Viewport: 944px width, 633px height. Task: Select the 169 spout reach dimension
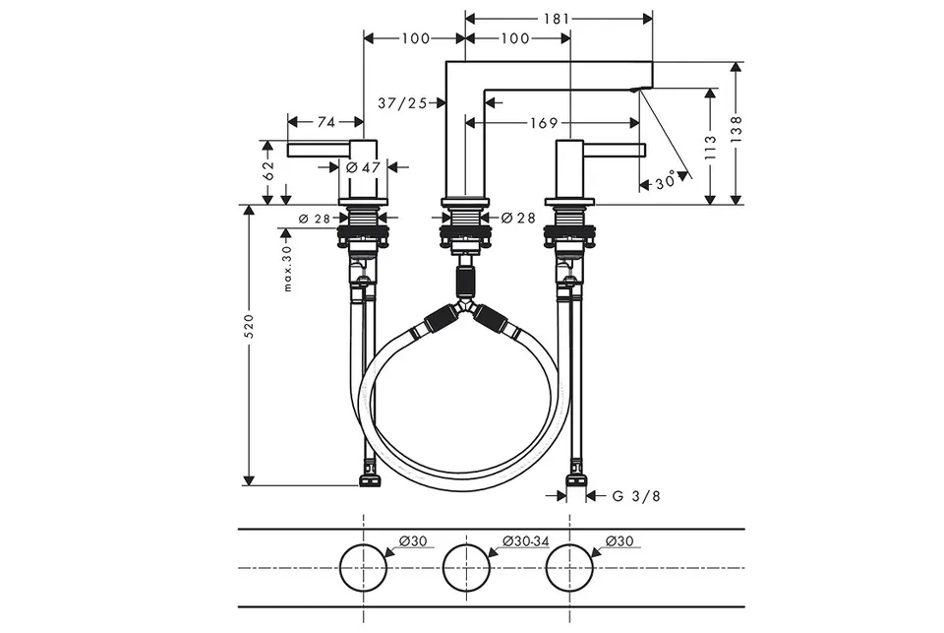(544, 123)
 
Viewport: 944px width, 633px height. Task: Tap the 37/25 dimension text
(402, 103)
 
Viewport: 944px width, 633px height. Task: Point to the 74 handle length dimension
(325, 122)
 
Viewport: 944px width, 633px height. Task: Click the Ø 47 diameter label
(364, 167)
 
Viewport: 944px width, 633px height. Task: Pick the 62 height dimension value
(268, 170)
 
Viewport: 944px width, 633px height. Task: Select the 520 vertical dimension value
(249, 326)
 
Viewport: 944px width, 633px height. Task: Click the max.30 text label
(287, 269)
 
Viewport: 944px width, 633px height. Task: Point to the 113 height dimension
(711, 147)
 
